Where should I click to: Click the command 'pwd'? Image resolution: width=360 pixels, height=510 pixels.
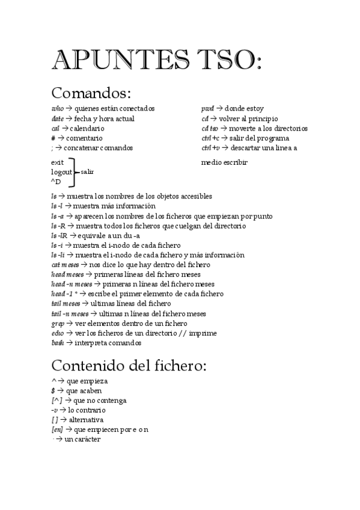coord(207,109)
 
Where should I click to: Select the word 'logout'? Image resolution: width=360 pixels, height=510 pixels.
coord(62,172)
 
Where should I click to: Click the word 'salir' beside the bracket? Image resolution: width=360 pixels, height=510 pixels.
coord(87,172)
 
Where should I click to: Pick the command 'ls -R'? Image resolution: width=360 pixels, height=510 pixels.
coord(58,226)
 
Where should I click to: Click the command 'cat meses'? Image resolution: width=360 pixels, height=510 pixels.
coord(64,265)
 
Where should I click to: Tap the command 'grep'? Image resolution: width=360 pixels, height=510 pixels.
coord(58,323)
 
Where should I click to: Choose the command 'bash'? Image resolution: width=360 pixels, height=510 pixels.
coord(58,343)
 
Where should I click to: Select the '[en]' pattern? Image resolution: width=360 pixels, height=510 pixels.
coord(57,429)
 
